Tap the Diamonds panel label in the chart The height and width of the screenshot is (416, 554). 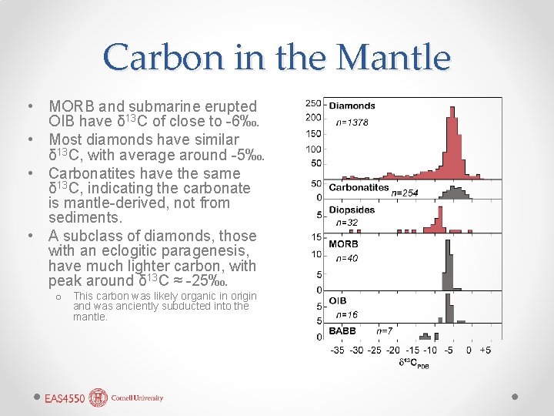pos(352,106)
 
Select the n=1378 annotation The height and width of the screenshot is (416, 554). pos(352,122)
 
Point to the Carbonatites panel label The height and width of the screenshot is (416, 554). pos(359,187)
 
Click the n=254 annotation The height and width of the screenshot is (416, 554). pos(405,193)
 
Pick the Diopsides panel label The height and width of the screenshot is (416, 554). pos(352,210)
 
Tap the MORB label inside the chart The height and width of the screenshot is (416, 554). pos(343,244)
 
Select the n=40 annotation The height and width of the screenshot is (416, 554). pos(347,258)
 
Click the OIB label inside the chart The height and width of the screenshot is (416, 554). pos(337,300)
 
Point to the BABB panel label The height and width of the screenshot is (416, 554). pos(342,330)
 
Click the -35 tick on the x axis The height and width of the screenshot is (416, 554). pos(337,351)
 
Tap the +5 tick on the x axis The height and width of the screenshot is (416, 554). pos(485,351)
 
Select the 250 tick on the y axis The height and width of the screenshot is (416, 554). pos(313,103)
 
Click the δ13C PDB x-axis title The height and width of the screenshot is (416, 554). pos(413,362)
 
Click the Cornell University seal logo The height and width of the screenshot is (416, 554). pos(98,398)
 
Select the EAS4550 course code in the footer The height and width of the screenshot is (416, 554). pos(65,398)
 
